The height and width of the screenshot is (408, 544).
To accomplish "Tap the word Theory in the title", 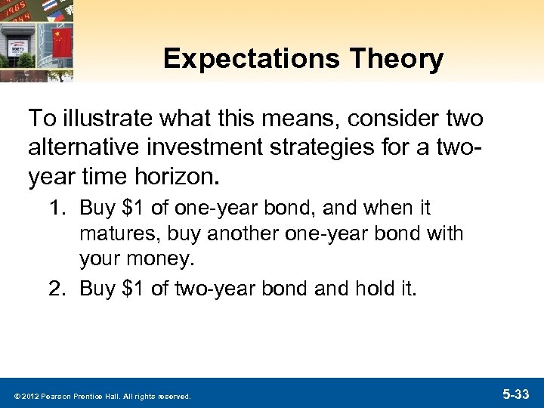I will point(406,60).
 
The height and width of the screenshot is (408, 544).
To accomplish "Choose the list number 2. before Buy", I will point(65,288).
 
